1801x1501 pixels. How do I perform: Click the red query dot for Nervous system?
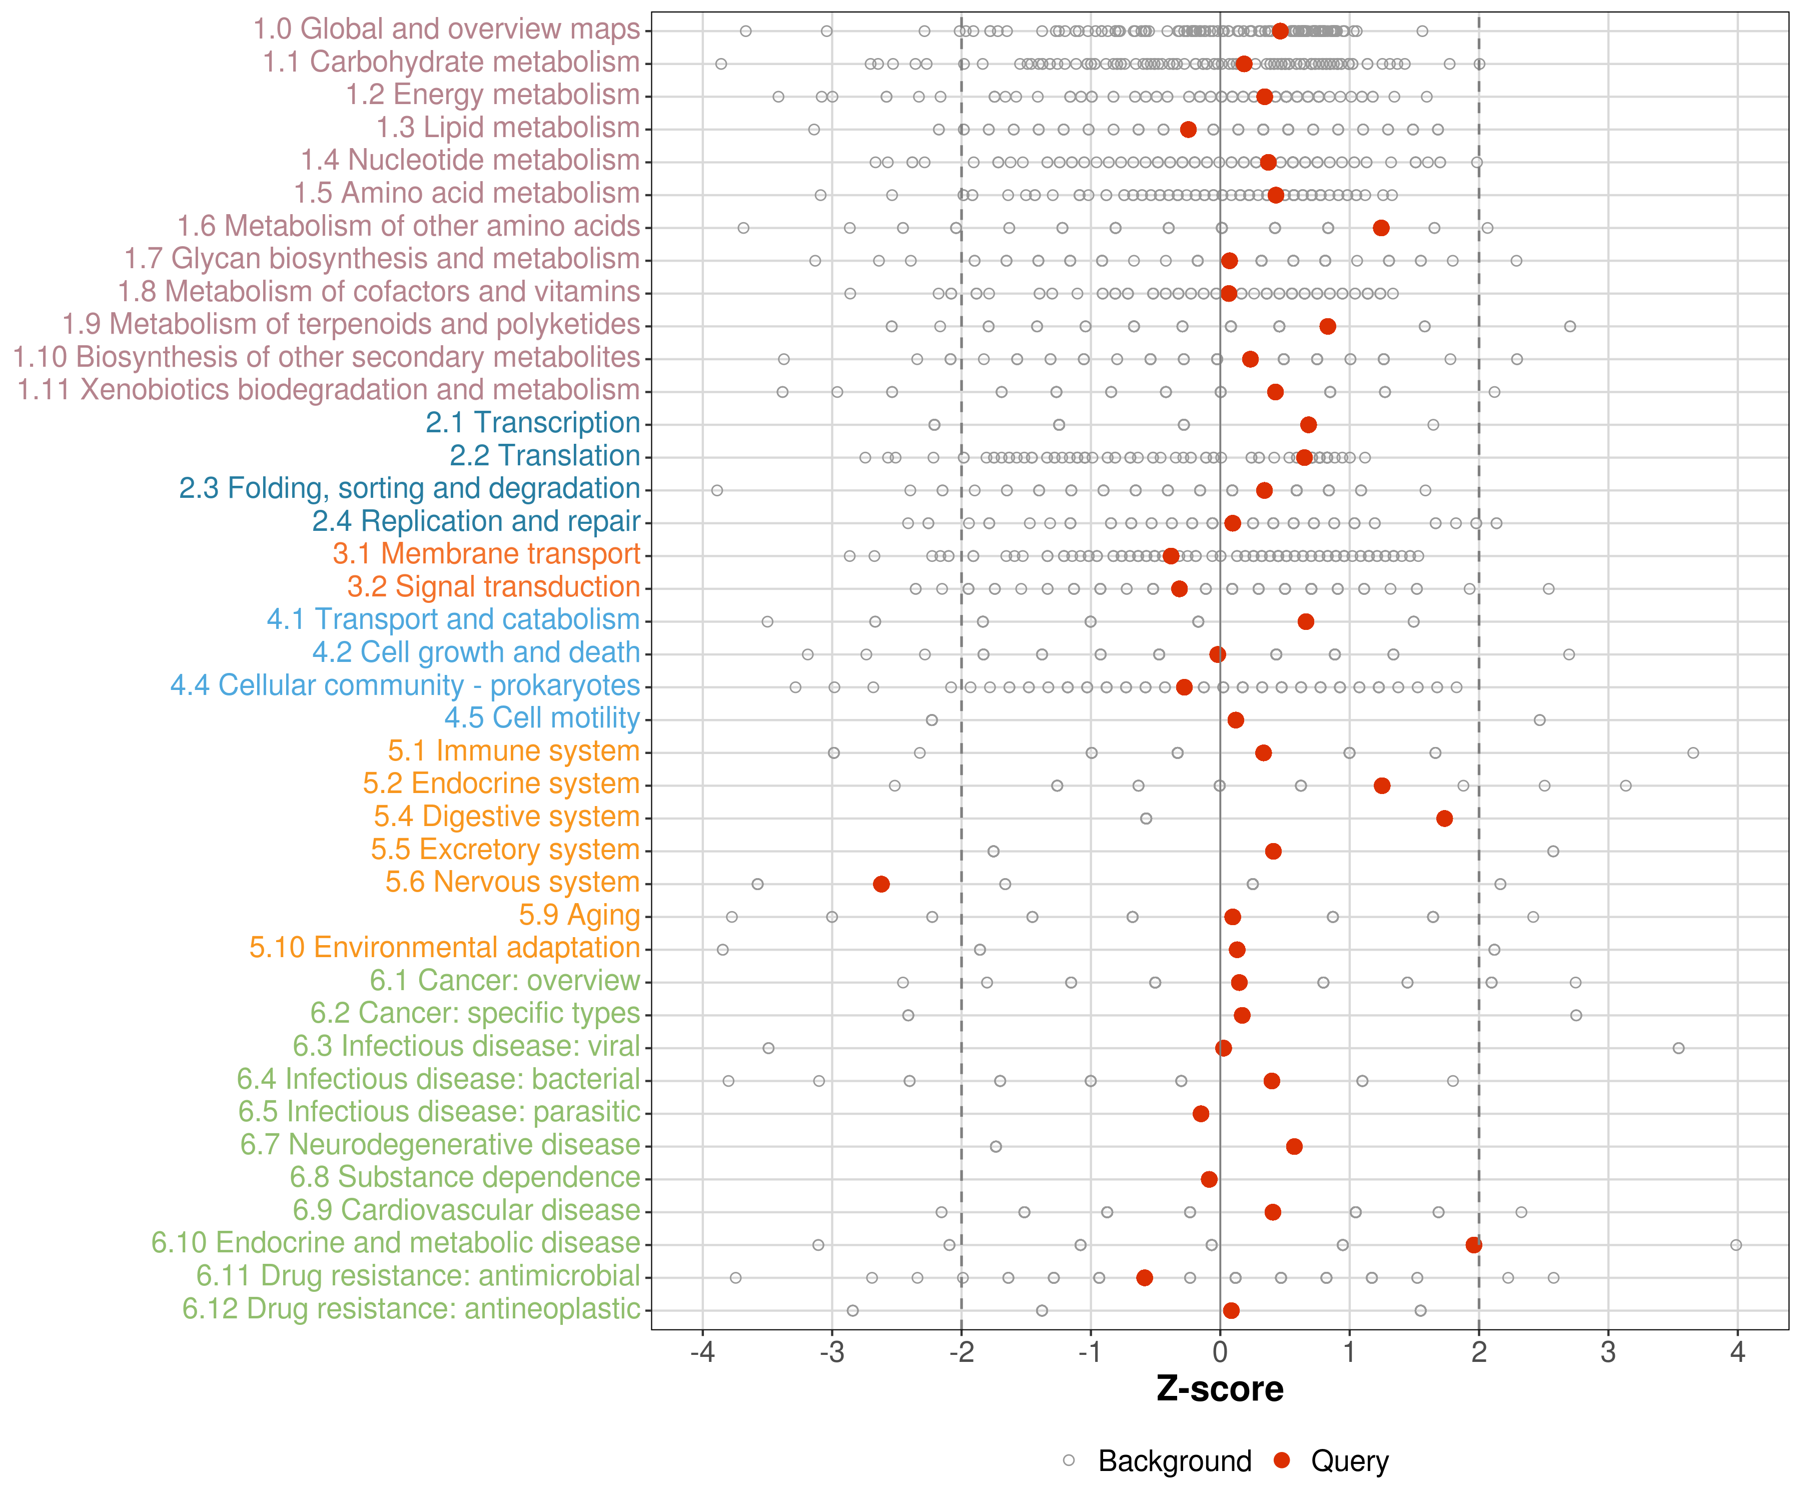point(881,884)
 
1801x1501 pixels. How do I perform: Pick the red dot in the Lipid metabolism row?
point(1188,130)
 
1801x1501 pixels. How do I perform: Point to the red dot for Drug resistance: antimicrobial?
point(1144,1277)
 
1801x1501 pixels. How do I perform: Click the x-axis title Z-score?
point(1220,1388)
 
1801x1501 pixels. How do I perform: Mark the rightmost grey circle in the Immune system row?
point(1693,753)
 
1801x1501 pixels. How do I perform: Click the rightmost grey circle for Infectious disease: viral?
point(1678,1048)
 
